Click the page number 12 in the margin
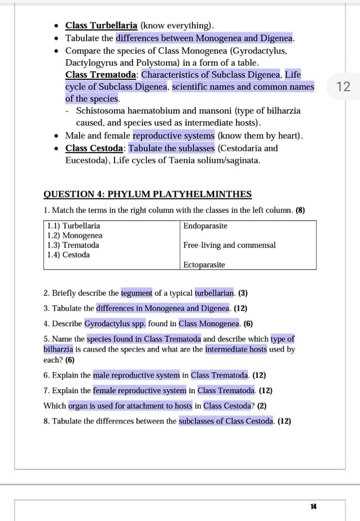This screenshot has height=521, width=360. pos(343,87)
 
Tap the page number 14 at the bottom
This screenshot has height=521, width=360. pos(313,507)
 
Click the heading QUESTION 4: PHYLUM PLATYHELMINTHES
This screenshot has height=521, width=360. pos(148,194)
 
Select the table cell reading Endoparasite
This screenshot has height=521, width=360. pos(205,226)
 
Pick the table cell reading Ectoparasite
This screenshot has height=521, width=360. pos(204,264)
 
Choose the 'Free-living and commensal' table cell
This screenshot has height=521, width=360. pos(229,245)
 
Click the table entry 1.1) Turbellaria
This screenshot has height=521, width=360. pos(73,226)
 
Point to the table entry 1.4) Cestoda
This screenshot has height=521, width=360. pos(68,255)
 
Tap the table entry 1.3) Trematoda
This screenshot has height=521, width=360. pos(73,245)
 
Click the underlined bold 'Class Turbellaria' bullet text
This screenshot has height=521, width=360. pos(101,25)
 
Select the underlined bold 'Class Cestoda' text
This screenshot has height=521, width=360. pos(94,148)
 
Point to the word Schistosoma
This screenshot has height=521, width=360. pos(103,111)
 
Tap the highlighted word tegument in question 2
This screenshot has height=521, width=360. pos(137,293)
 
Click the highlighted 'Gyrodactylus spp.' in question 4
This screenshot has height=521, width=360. pos(115,324)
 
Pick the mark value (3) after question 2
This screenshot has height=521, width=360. pos(243,293)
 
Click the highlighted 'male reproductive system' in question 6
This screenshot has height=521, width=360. pos(137,375)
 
